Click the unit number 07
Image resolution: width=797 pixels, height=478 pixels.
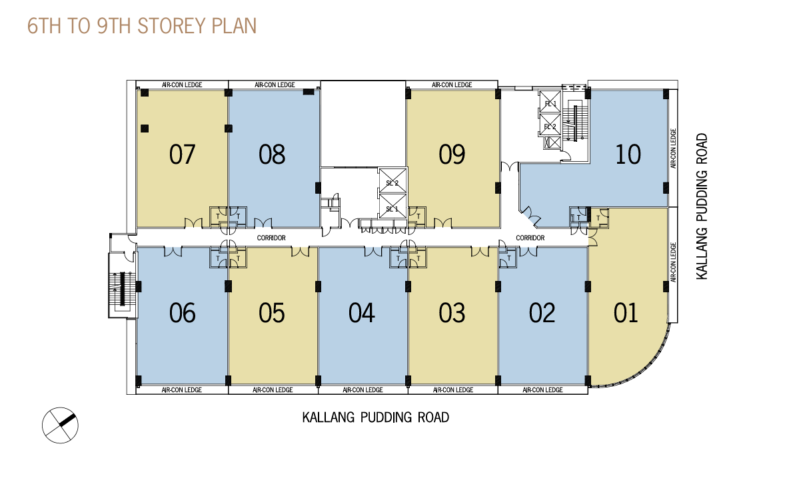182,154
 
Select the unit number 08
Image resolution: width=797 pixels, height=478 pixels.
271,154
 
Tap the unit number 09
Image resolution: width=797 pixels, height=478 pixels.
451,154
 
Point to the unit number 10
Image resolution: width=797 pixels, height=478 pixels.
628,154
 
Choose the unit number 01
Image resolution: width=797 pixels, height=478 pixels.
625,313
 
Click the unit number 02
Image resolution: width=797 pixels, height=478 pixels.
542,313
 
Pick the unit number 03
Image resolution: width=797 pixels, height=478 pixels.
451,313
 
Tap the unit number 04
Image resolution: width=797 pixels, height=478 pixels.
361,313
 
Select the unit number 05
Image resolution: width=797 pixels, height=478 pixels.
271,313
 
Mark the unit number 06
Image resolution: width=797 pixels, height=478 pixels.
182,313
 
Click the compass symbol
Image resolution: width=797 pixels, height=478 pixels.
60,425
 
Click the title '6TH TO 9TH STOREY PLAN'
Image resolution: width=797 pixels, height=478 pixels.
142,26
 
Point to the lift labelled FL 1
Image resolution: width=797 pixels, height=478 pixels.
550,103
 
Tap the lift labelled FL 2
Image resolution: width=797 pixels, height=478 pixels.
550,126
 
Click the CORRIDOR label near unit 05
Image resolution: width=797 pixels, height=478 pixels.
271,238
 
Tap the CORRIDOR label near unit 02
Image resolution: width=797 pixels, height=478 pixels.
530,238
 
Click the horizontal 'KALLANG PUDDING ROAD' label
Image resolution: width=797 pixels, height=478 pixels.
376,417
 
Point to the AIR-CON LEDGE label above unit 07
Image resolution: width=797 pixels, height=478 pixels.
182,85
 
